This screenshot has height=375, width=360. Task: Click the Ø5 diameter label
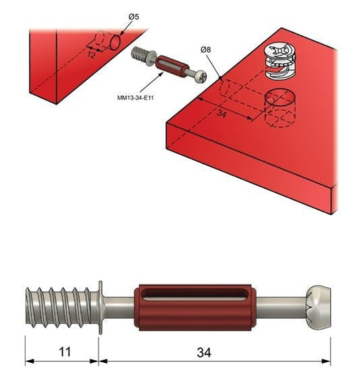(x=134, y=17)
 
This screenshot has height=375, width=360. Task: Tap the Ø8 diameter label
(x=206, y=50)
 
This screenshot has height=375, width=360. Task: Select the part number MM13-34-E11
(x=135, y=98)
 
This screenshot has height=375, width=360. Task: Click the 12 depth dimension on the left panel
(x=91, y=55)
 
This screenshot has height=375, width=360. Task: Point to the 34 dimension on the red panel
(x=222, y=114)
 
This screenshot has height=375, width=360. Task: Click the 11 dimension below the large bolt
(x=65, y=352)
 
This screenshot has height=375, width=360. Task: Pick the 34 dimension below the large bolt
(x=204, y=353)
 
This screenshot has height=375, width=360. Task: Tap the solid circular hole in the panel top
(x=280, y=97)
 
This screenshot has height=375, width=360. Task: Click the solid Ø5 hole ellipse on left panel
(x=115, y=43)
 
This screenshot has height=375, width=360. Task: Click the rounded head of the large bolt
(x=318, y=307)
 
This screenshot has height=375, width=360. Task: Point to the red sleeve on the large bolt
(x=195, y=308)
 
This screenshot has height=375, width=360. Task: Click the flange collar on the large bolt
(x=101, y=307)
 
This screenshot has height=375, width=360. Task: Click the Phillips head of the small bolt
(x=200, y=76)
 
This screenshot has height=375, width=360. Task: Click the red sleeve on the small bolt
(x=172, y=66)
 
